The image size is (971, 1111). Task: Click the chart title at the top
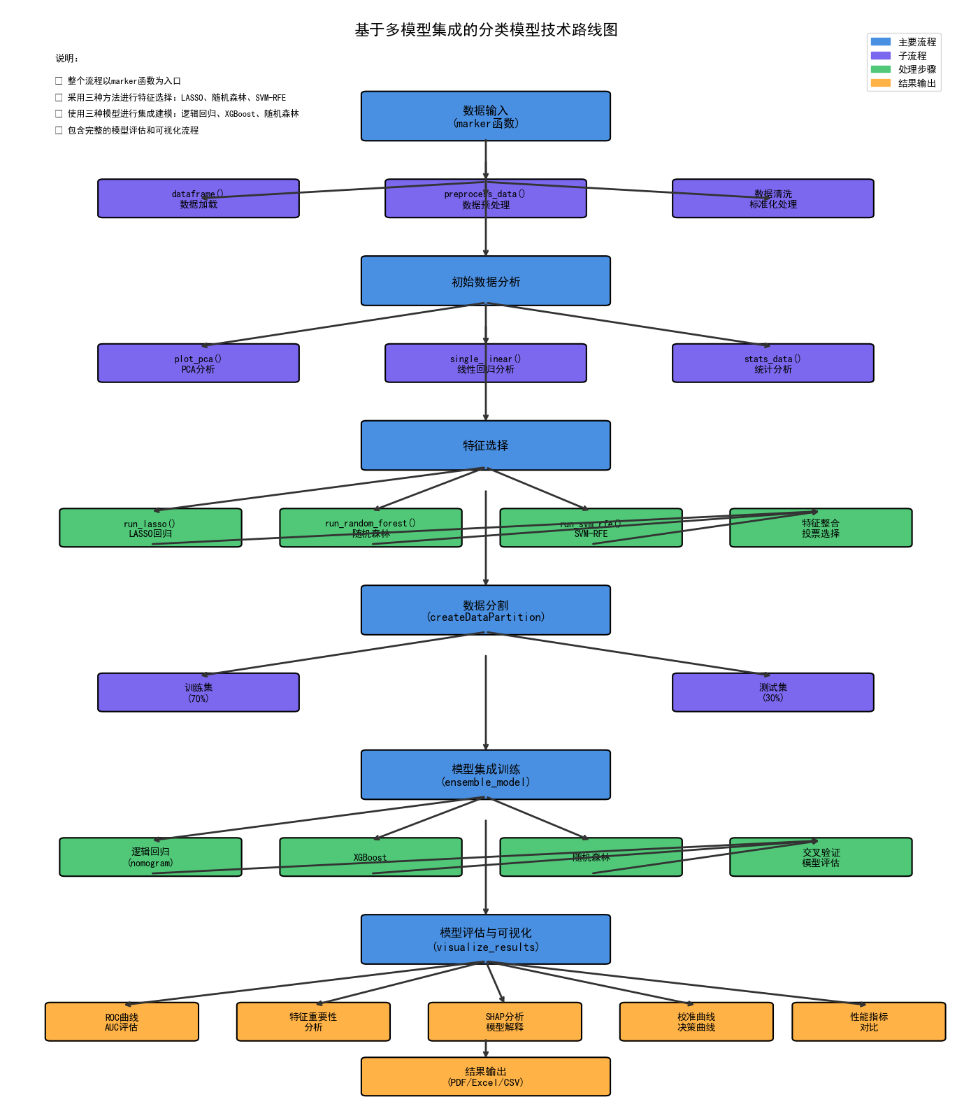coord(486,30)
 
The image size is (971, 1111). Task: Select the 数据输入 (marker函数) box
coord(485,116)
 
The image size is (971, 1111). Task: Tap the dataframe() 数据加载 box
coord(198,199)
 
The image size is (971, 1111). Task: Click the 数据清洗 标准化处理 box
coord(772,199)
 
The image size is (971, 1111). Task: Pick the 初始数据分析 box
coord(485,281)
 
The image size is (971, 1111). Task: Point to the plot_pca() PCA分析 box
coord(198,364)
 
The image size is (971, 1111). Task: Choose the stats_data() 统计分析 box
coord(772,364)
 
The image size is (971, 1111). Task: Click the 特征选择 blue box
coord(485,445)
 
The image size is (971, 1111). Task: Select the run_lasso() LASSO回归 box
coord(150,528)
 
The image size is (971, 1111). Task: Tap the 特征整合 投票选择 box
coord(821,528)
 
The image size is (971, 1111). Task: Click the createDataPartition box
coord(485,610)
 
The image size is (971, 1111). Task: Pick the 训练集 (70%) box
coord(198,692)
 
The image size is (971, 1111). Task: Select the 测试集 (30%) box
coord(772,692)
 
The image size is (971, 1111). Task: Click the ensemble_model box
coord(485,775)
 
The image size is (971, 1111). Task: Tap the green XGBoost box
coord(371,857)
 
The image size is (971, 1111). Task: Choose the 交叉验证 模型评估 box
coord(821,857)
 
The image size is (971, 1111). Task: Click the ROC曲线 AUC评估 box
coord(122,1022)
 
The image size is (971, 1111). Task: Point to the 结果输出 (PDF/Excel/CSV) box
coord(485,1077)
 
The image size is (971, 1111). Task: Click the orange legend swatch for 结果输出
coord(881,83)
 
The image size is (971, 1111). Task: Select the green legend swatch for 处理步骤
coord(881,69)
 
